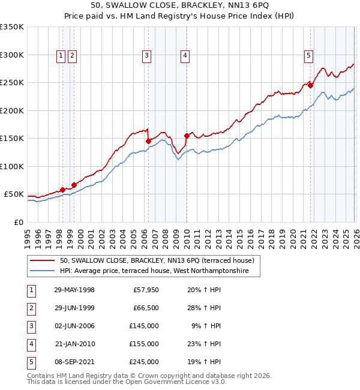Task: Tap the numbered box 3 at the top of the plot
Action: point(146,56)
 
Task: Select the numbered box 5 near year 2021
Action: point(308,56)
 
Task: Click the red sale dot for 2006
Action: point(148,141)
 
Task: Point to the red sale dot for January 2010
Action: point(187,136)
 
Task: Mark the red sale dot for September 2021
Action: point(311,85)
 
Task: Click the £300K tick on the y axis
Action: point(12,55)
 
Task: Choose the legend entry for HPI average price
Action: point(158,271)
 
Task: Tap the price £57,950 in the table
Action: point(145,290)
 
